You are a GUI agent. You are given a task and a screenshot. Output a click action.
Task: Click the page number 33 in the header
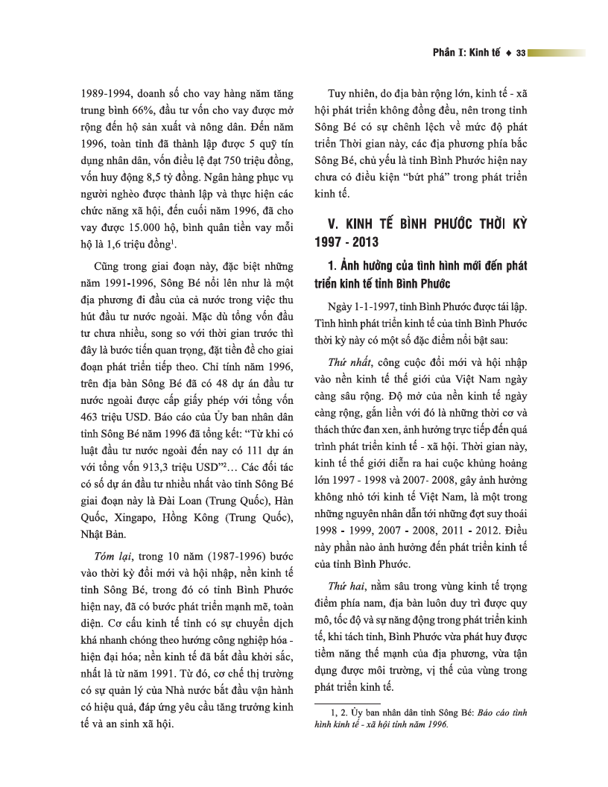[521, 53]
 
